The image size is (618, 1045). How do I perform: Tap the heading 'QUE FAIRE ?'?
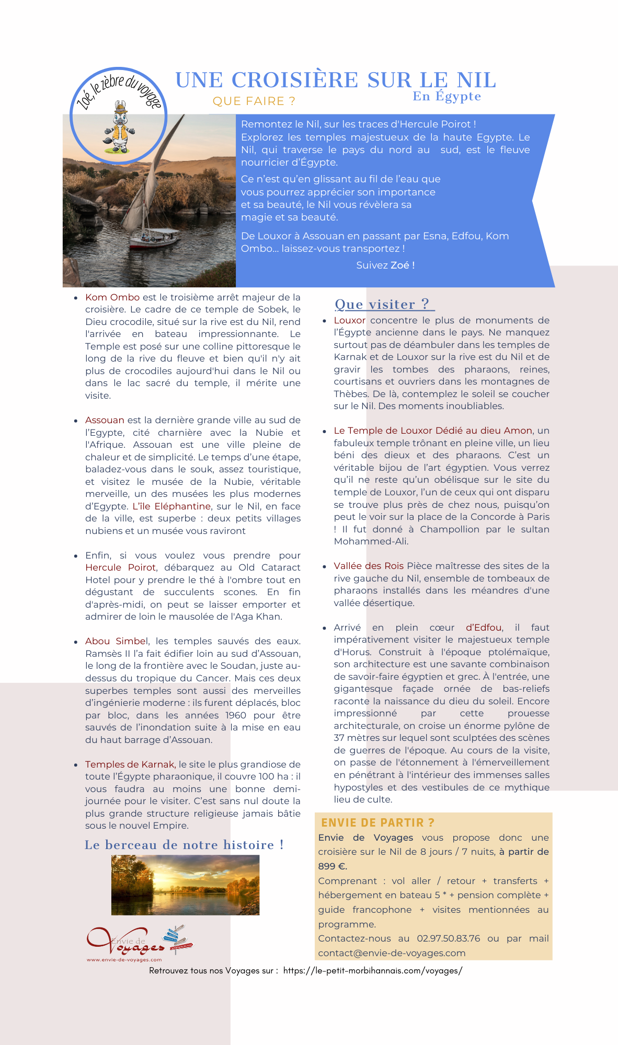coord(254,101)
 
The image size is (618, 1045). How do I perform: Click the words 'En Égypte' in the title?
coord(447,97)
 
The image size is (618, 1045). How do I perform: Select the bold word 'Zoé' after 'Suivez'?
coord(399,265)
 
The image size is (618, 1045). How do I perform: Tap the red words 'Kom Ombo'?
coord(112,297)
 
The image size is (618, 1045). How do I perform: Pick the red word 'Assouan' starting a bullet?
coord(105,420)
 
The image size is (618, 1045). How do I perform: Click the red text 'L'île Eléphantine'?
coord(171,506)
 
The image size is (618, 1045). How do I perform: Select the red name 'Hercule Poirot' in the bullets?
coord(120,567)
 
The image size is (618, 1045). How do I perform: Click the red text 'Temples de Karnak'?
coord(130,764)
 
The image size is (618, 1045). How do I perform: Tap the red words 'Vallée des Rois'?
coord(369,566)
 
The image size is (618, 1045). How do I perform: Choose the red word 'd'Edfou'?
coord(484,628)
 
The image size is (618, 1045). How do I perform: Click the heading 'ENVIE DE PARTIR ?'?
coord(377,823)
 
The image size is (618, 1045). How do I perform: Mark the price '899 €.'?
coord(333,866)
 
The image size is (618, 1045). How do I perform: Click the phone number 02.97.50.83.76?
coord(448,938)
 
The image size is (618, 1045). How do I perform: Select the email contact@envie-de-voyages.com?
coord(392,953)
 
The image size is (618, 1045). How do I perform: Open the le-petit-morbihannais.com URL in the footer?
coord(373,971)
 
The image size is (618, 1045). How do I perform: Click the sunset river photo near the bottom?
coord(185,885)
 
